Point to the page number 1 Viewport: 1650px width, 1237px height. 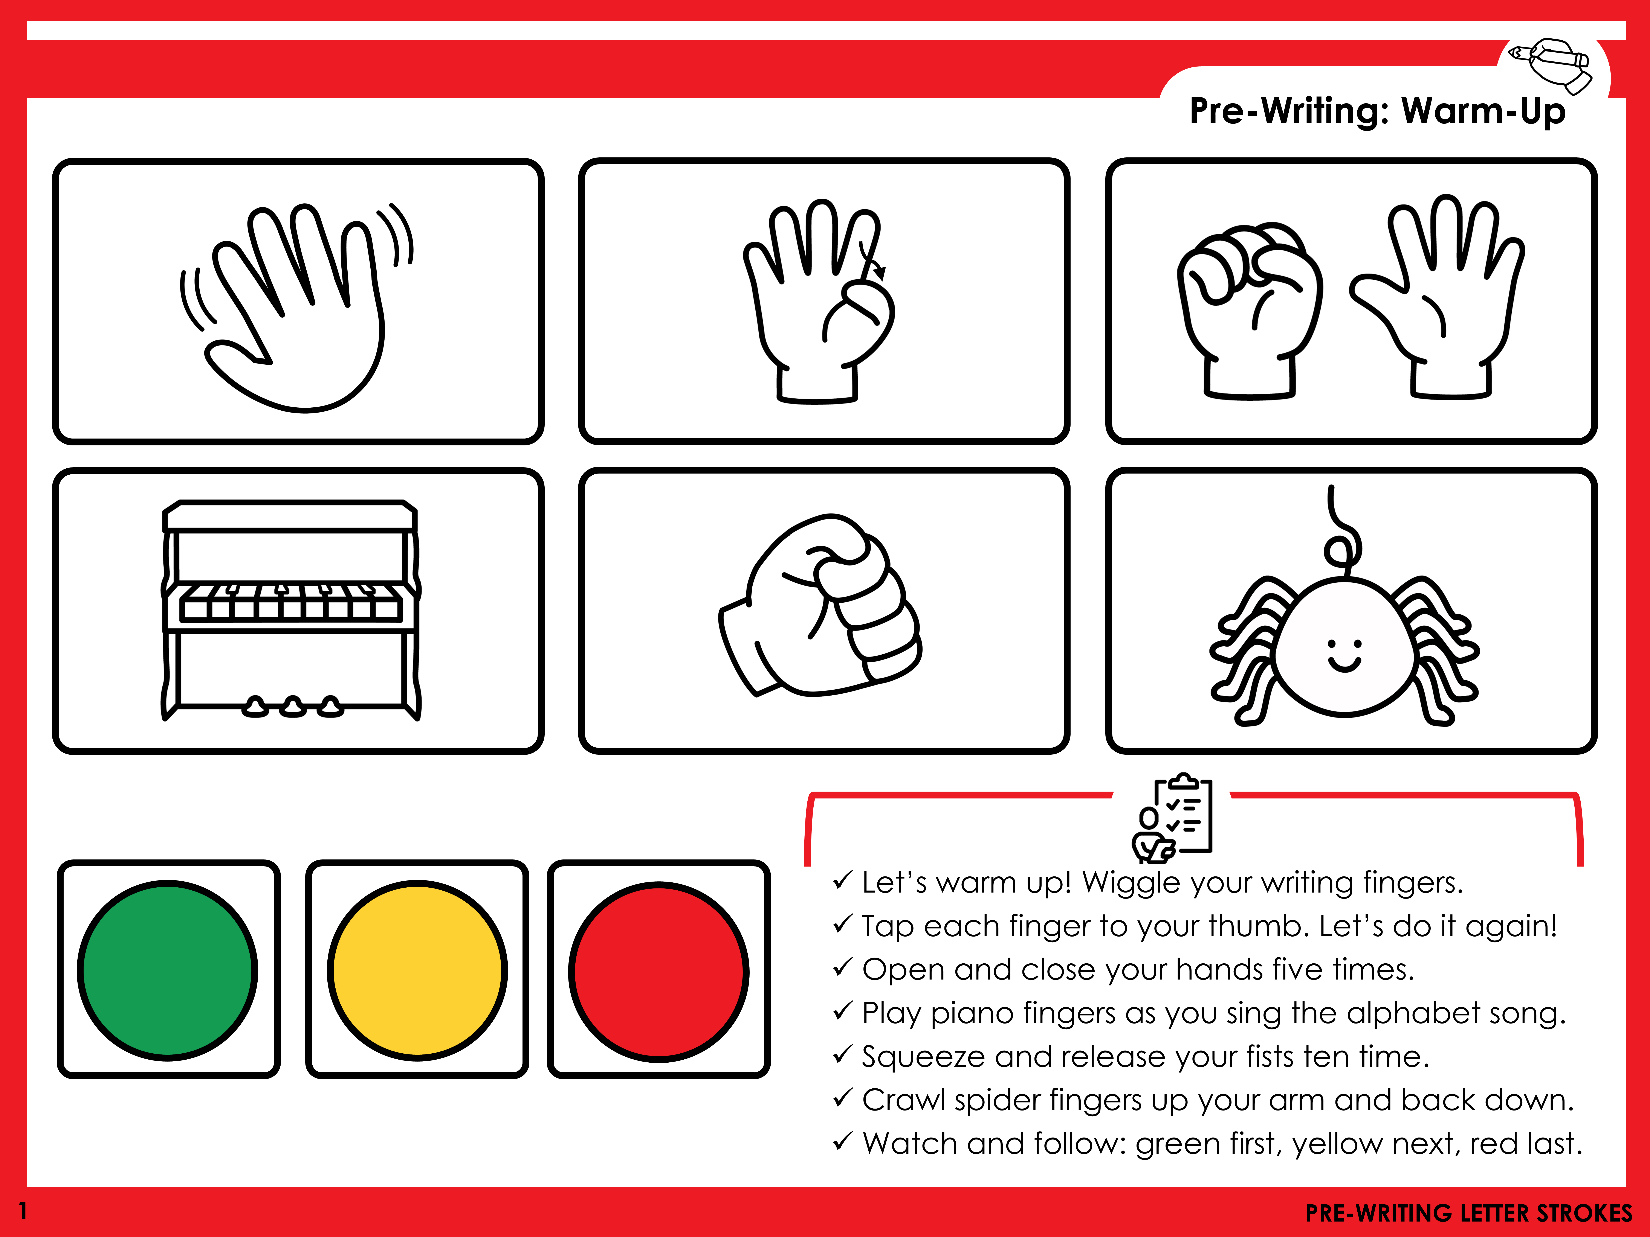pos(23,1211)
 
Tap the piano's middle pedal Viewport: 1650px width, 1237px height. pos(293,706)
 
